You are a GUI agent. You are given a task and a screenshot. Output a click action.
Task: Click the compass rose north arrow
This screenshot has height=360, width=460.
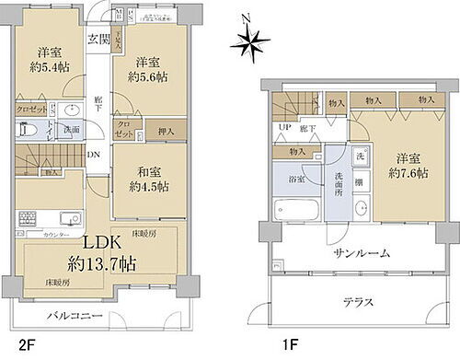[x=248, y=38]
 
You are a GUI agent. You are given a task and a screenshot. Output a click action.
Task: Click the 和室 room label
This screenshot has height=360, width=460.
[x=149, y=169]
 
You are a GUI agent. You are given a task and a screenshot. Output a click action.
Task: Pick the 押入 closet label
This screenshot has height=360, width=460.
[x=167, y=132]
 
